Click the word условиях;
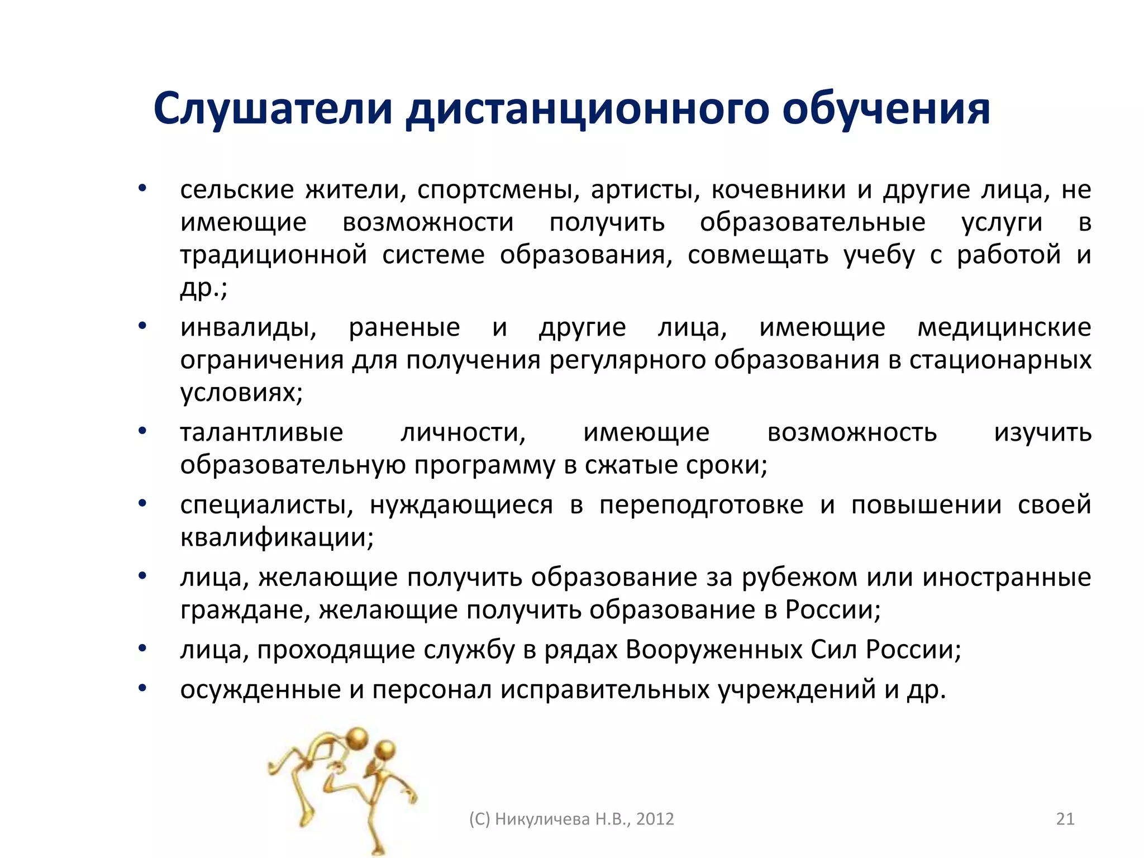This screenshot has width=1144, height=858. pyautogui.click(x=241, y=393)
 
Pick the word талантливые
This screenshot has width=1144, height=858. pyautogui.click(x=261, y=433)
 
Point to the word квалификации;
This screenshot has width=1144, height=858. pyautogui.click(x=277, y=538)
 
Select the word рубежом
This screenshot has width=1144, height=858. pyautogui.click(x=799, y=578)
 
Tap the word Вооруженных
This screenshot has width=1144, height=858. pyautogui.click(x=713, y=650)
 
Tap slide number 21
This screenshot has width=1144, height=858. pyautogui.click(x=1065, y=819)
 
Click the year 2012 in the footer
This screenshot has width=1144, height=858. pyautogui.click(x=655, y=819)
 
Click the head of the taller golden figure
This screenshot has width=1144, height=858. pyautogui.click(x=357, y=738)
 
